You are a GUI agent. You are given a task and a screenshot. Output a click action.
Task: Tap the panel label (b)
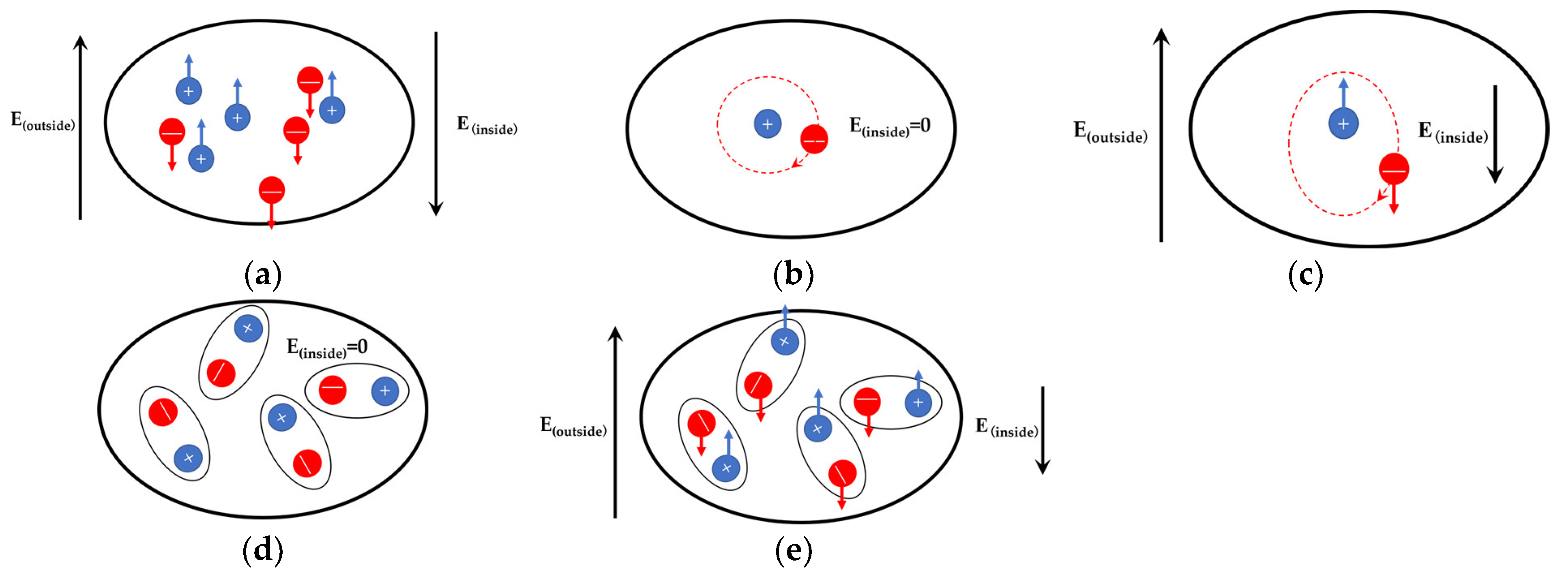click(x=793, y=275)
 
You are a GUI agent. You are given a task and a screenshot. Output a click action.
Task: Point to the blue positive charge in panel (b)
click(x=767, y=124)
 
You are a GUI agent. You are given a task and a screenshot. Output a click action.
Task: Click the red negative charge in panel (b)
click(x=814, y=140)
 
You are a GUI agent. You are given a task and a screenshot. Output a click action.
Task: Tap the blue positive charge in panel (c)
click(x=1343, y=124)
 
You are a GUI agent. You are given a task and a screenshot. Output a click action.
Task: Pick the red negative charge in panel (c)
click(x=1394, y=169)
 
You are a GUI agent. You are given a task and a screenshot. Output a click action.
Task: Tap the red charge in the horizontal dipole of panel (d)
click(x=333, y=390)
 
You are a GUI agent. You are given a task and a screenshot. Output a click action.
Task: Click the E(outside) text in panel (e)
click(x=573, y=427)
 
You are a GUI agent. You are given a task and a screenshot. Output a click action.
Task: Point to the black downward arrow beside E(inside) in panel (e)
click(x=1042, y=430)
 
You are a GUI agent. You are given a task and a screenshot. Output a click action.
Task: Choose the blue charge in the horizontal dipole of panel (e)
click(x=918, y=403)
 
